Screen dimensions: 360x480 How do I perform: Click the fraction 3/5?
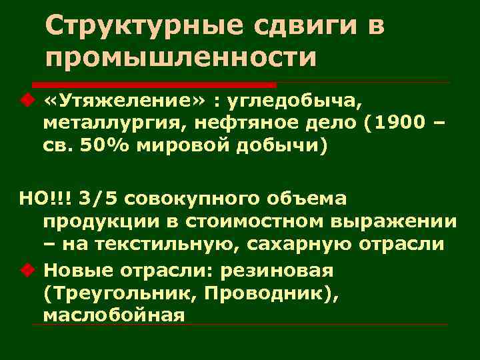[93, 198]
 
